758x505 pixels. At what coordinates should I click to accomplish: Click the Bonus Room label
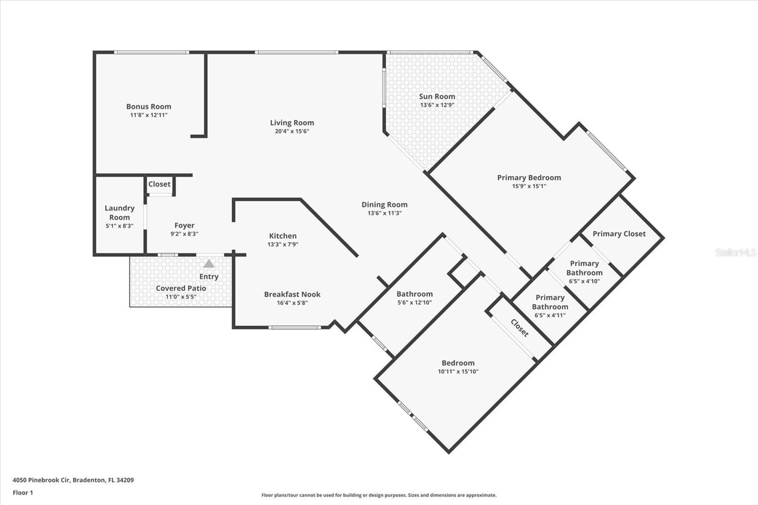pyautogui.click(x=148, y=107)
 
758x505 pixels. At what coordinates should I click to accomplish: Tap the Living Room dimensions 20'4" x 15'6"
pyautogui.click(x=292, y=131)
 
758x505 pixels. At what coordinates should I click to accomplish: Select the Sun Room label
pyautogui.click(x=437, y=97)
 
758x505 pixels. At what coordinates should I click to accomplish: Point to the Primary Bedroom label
pyautogui.click(x=529, y=178)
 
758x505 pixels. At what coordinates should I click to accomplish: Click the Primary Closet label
pyautogui.click(x=619, y=234)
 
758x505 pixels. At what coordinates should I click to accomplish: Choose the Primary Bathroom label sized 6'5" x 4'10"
pyautogui.click(x=584, y=268)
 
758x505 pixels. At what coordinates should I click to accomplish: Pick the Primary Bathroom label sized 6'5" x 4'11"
pyautogui.click(x=550, y=302)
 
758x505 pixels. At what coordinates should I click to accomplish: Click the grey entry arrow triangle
pyautogui.click(x=208, y=264)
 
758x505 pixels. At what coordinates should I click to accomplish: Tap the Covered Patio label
pyautogui.click(x=180, y=288)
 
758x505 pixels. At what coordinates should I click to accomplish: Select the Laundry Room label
pyautogui.click(x=119, y=213)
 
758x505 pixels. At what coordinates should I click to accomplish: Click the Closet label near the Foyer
pyautogui.click(x=159, y=184)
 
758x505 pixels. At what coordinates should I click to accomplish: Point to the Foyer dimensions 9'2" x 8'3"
pyautogui.click(x=184, y=234)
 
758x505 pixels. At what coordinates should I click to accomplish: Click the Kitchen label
pyautogui.click(x=283, y=236)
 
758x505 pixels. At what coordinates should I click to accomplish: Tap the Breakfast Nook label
pyautogui.click(x=292, y=294)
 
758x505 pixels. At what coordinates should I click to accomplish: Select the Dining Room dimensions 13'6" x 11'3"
pyautogui.click(x=384, y=213)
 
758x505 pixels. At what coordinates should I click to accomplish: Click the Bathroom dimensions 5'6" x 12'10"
pyautogui.click(x=414, y=302)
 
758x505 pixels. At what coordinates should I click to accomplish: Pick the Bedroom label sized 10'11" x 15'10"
pyautogui.click(x=458, y=363)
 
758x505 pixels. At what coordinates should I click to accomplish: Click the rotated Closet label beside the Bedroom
pyautogui.click(x=519, y=328)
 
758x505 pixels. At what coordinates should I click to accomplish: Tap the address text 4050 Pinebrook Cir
pyautogui.click(x=42, y=480)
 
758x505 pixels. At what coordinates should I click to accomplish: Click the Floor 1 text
pyautogui.click(x=23, y=493)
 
